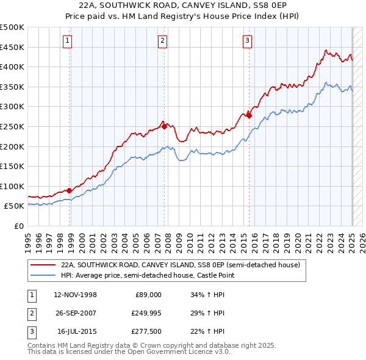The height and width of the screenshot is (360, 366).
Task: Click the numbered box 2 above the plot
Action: [163, 41]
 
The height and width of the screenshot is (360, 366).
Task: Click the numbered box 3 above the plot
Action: [247, 41]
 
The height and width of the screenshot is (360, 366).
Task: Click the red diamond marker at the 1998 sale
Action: [70, 190]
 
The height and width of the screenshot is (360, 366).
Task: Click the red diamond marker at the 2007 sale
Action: [165, 127]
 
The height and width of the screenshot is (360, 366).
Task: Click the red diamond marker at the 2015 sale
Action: [249, 115]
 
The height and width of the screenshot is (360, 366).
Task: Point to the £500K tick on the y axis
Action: [12, 27]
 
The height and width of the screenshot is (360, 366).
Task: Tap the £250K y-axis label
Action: [12, 126]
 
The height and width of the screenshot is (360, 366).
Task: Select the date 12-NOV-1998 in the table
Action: [76, 295]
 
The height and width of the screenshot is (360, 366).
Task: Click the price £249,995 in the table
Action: [147, 313]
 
